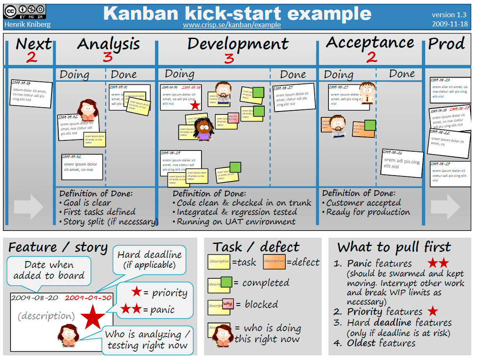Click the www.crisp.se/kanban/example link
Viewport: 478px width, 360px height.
pyautogui.click(x=232, y=25)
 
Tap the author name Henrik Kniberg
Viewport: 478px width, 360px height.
pyautogui.click(x=27, y=24)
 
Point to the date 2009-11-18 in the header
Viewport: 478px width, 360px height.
pyautogui.click(x=450, y=24)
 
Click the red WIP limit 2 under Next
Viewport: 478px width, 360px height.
pyautogui.click(x=31, y=57)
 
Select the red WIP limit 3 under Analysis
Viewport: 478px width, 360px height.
pyautogui.click(x=108, y=57)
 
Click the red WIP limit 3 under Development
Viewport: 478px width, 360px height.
pyautogui.click(x=229, y=58)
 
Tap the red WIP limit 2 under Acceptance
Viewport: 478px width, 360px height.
pyautogui.click(x=372, y=57)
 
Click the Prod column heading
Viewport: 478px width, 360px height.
pyautogui.click(x=446, y=44)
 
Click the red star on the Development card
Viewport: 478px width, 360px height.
pyautogui.click(x=195, y=105)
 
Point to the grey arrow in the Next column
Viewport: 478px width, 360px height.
pyautogui.click(x=28, y=206)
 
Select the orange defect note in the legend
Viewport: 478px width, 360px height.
pyautogui.click(x=274, y=262)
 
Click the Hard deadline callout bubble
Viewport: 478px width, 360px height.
pyautogui.click(x=149, y=260)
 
